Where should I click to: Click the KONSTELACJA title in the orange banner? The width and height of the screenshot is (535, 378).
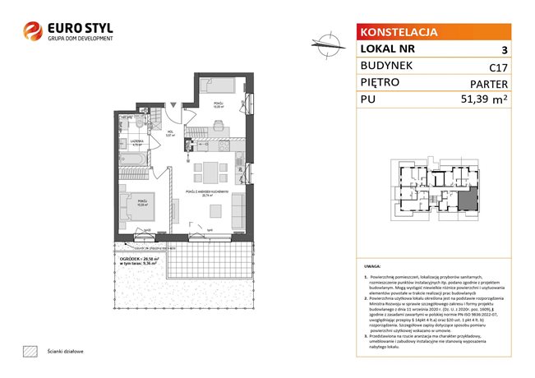point(398,33)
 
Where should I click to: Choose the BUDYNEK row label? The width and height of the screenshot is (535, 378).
point(386,69)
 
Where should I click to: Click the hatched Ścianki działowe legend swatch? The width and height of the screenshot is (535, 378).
point(30,351)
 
